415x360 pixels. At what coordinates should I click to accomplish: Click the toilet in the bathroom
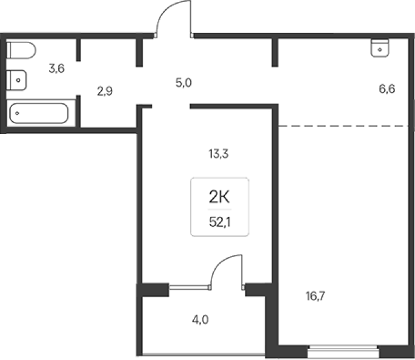21,50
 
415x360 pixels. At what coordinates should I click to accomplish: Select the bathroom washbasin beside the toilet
16,80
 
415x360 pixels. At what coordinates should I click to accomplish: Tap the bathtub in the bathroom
39,113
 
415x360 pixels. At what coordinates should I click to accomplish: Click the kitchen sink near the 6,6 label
380,48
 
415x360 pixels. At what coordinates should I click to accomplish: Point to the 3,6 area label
56,68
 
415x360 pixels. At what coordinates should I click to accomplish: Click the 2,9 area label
105,92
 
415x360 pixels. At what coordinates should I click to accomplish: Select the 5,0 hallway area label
184,83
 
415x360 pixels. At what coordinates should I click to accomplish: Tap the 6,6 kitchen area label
387,88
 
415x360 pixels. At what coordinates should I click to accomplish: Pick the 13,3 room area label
219,153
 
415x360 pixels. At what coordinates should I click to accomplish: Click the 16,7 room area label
315,296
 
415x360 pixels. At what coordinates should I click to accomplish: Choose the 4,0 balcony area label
201,320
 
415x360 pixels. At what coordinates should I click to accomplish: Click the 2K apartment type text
219,197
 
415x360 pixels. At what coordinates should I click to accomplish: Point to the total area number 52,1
220,222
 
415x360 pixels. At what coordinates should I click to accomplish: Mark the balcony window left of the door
190,287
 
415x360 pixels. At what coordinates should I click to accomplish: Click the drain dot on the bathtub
17,113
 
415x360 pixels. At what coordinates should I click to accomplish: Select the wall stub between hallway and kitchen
275,52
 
